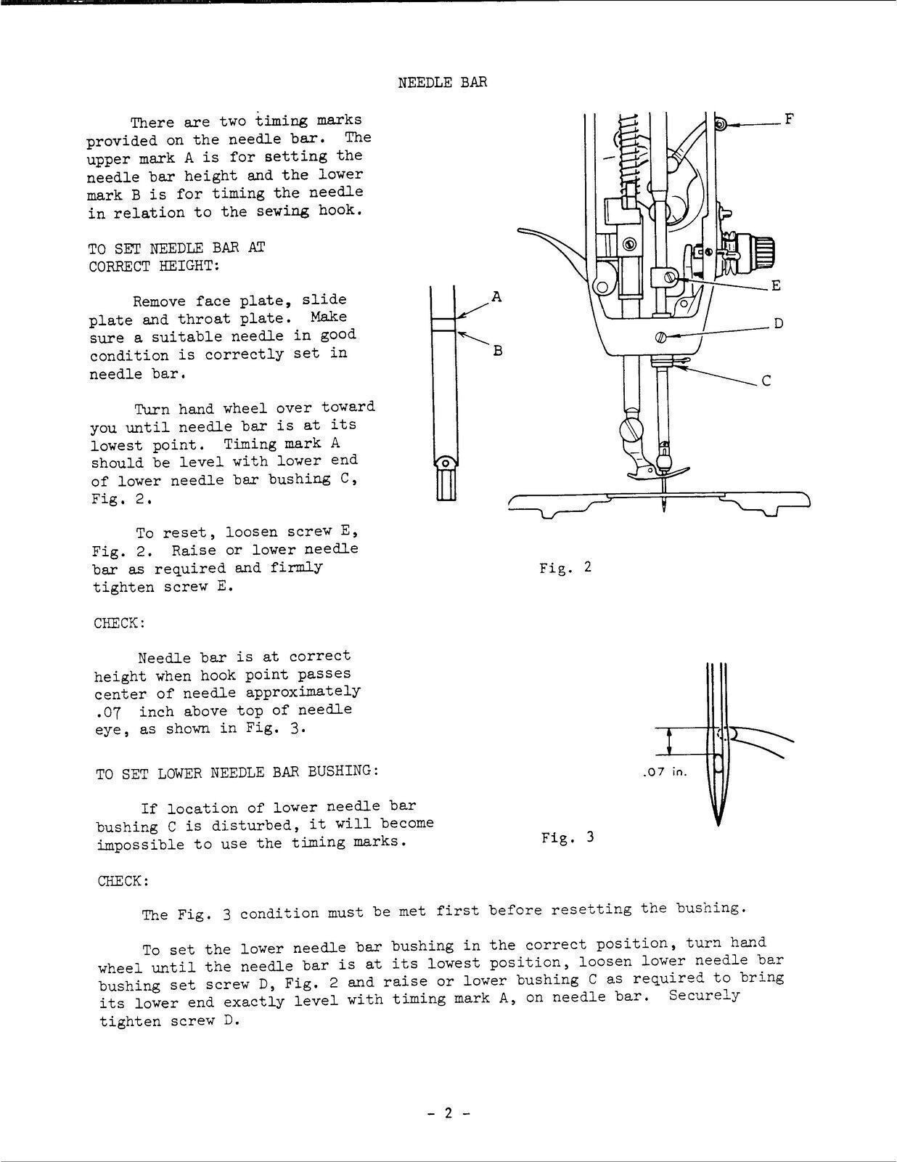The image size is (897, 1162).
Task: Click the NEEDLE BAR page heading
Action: [x=442, y=82]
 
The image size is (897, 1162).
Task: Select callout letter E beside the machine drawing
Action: [x=776, y=285]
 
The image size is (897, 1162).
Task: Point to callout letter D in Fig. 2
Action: [x=778, y=323]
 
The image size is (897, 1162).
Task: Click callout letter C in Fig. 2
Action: [x=766, y=380]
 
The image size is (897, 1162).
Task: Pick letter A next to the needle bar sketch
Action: [x=496, y=296]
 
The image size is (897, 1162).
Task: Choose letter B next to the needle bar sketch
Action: [x=498, y=351]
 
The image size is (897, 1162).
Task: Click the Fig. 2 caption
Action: [x=565, y=567]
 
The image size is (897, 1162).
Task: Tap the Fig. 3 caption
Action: [x=567, y=837]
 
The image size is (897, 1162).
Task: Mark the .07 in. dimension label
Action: [x=664, y=772]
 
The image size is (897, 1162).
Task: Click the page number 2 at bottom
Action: [x=448, y=1113]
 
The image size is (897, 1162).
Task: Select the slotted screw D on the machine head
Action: [x=660, y=336]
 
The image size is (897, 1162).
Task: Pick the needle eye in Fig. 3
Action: [x=718, y=763]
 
